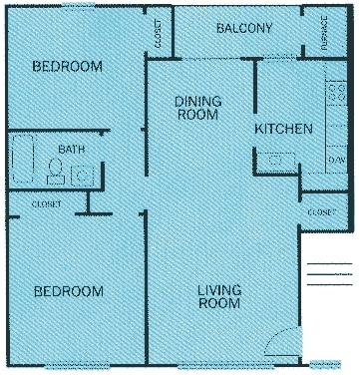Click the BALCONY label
pyautogui.click(x=244, y=28)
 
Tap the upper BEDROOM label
pyautogui.click(x=68, y=67)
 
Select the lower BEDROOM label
pyautogui.click(x=68, y=291)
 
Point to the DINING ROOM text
pyautogui.click(x=197, y=108)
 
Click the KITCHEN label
pyautogui.click(x=284, y=129)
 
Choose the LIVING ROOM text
pyautogui.click(x=218, y=297)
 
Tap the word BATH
pyautogui.click(x=72, y=149)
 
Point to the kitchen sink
pyautogui.click(x=276, y=160)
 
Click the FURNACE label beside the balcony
pyautogui.click(x=325, y=34)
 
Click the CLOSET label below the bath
pyautogui.click(x=45, y=204)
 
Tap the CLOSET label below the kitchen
pyautogui.click(x=321, y=212)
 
